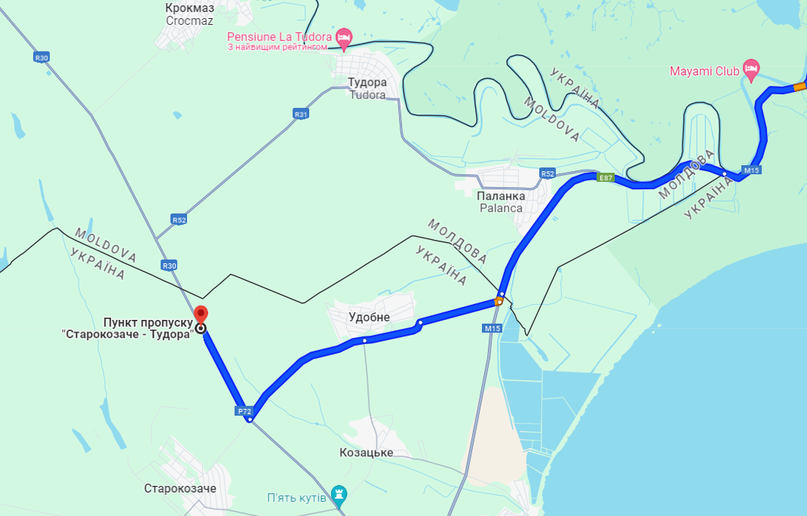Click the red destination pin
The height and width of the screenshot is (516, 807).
(x=201, y=315)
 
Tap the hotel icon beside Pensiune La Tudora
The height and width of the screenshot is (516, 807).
(x=344, y=36)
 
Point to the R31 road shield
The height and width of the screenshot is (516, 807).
(x=302, y=114)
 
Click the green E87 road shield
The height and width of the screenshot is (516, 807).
(x=604, y=178)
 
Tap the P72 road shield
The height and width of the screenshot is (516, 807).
(x=244, y=411)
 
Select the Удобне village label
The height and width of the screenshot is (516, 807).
(x=369, y=318)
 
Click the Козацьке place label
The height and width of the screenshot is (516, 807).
(x=367, y=453)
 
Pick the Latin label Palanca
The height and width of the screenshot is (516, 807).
(x=500, y=207)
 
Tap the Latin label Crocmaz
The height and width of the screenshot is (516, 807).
(x=189, y=21)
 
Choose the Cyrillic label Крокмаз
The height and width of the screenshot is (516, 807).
(x=189, y=8)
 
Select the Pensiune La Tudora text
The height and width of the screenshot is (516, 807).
(x=280, y=36)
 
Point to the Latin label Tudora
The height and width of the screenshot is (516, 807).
(x=367, y=95)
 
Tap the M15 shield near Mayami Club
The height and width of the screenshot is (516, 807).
(x=751, y=170)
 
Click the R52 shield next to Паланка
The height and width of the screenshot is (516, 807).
(x=548, y=174)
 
